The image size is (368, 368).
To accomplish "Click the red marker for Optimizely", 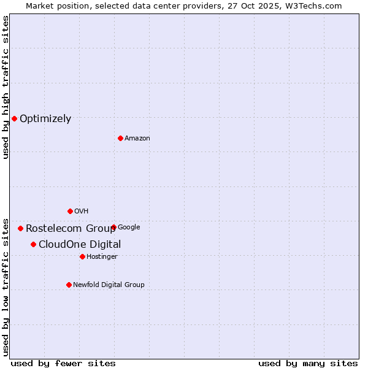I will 14,118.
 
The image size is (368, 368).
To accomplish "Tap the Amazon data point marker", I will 120,138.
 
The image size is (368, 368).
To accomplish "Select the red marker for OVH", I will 70,211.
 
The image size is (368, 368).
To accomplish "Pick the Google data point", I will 113,227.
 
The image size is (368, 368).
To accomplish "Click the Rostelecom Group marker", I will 20,228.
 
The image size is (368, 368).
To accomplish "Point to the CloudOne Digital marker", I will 33,244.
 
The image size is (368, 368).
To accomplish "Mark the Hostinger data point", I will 82,256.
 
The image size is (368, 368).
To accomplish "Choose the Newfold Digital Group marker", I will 69,285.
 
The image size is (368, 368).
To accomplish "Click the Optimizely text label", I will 45,119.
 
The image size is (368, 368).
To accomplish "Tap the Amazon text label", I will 137,139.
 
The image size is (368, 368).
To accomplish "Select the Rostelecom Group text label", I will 71,229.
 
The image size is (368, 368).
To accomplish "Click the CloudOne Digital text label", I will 80,245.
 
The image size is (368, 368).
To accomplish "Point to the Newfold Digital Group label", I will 109,285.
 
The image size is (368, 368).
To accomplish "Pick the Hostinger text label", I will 102,256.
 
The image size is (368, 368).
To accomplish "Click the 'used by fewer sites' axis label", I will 63,363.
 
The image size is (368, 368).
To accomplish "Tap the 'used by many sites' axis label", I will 308,363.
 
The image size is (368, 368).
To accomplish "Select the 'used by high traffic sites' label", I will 6,87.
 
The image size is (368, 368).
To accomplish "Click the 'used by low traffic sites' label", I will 6,286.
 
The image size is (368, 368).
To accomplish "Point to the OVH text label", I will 81,212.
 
